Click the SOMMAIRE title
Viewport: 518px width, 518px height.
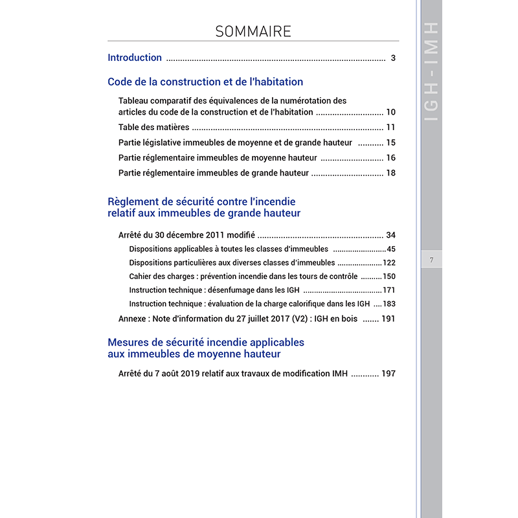pyautogui.click(x=253, y=31)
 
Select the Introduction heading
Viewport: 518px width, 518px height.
pyautogui.click(x=135, y=58)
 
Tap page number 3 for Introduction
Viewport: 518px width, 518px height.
pyautogui.click(x=393, y=58)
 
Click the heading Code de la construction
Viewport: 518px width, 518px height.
pyautogui.click(x=205, y=82)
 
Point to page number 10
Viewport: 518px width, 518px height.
pyautogui.click(x=390, y=112)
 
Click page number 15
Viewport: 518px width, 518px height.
pyautogui.click(x=390, y=142)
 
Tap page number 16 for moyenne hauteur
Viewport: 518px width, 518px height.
pyautogui.click(x=390, y=158)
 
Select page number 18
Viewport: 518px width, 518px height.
pyautogui.click(x=390, y=173)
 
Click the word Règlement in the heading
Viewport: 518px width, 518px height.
pyautogui.click(x=132, y=202)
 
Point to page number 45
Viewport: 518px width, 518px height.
pyautogui.click(x=390, y=249)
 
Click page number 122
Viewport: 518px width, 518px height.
pyautogui.click(x=388, y=263)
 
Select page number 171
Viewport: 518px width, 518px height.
pyautogui.click(x=388, y=290)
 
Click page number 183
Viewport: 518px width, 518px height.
pyautogui.click(x=388, y=304)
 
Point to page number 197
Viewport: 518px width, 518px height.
pyautogui.click(x=388, y=374)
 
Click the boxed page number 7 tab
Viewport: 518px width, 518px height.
pyautogui.click(x=431, y=260)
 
